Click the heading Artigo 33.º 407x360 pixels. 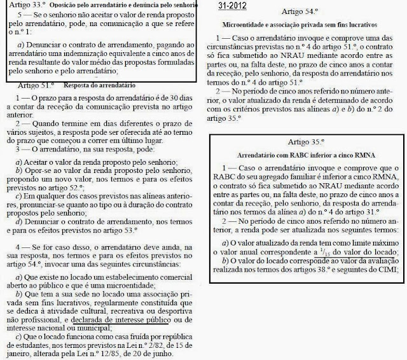(x=20, y=4)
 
